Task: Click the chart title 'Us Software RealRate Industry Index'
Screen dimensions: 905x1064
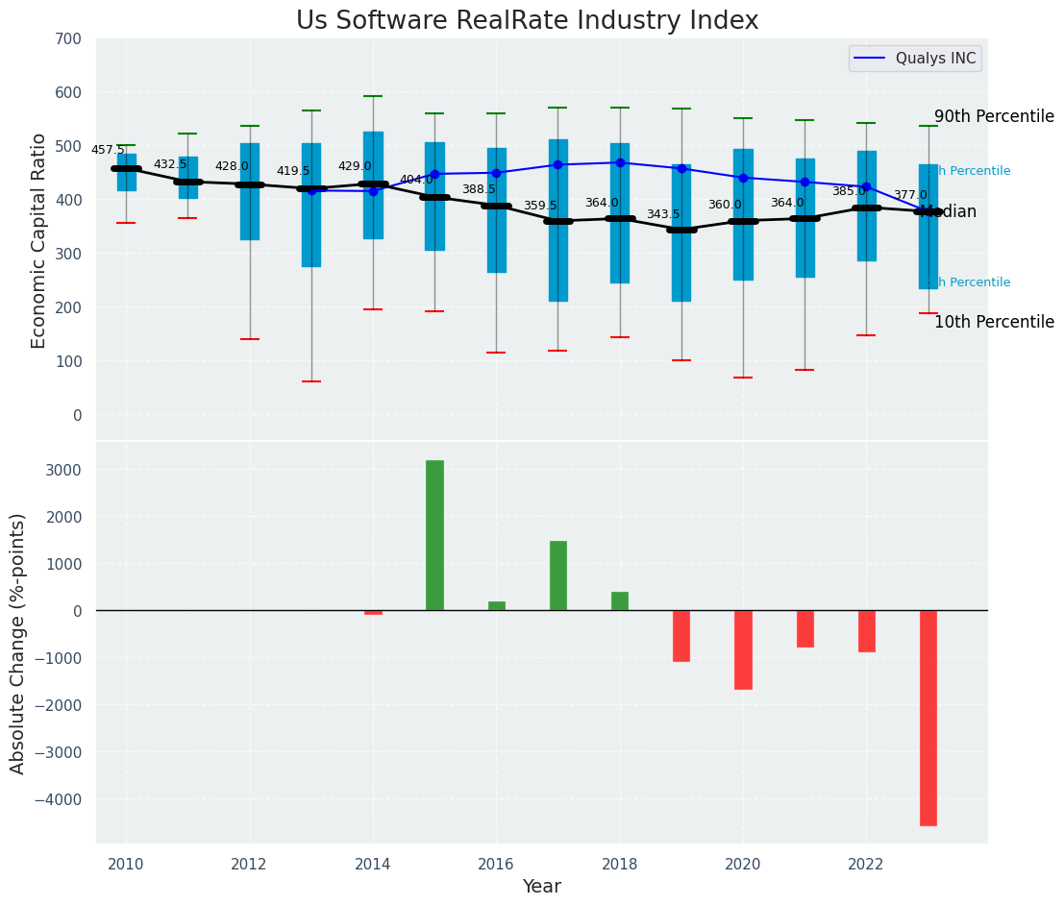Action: tap(527, 21)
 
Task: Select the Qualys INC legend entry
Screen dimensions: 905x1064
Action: tap(914, 59)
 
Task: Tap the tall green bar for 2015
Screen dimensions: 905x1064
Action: tap(434, 534)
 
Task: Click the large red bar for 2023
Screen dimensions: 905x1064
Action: tap(928, 718)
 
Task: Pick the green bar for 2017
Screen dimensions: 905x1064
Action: tap(557, 575)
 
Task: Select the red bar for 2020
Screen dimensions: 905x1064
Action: tap(743, 649)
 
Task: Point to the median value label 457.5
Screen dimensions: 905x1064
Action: tap(108, 150)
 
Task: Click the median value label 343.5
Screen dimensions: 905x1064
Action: tap(662, 214)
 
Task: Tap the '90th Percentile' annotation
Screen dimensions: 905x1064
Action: tap(994, 116)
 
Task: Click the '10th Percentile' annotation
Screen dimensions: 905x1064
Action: tap(994, 322)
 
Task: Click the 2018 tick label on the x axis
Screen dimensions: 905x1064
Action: tap(620, 864)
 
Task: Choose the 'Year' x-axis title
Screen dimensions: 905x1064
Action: tap(541, 886)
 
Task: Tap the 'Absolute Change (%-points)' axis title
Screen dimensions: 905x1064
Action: tap(18, 643)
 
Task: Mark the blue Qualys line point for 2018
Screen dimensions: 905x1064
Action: tap(620, 162)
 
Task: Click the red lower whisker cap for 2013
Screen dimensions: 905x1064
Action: tap(310, 381)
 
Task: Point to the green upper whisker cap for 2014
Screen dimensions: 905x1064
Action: tap(373, 96)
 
